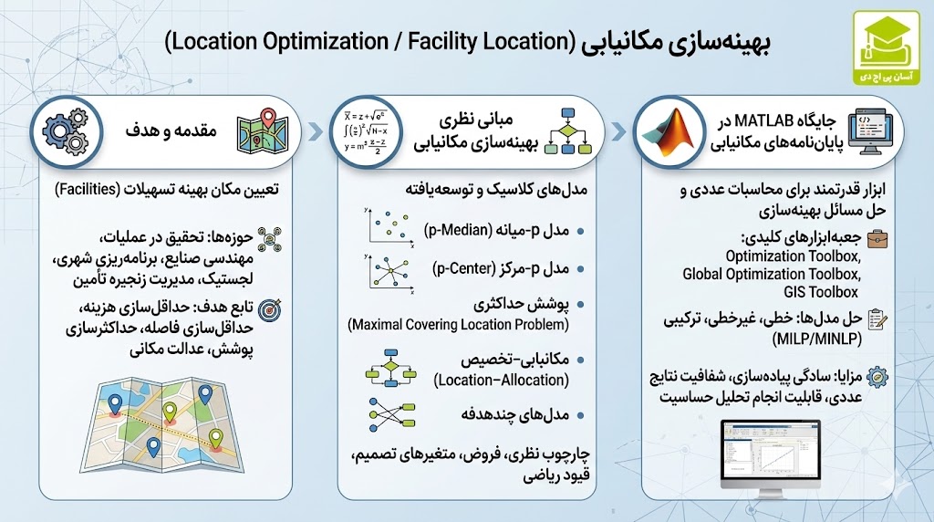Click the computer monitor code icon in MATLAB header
tap(873, 130)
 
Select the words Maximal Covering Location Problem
tap(459, 325)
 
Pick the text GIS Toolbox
tap(820, 292)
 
